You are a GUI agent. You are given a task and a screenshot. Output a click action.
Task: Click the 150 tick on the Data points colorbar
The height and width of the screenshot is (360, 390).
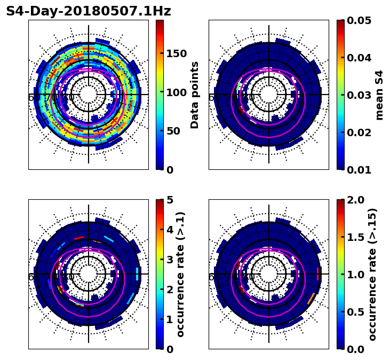pyautogui.click(x=176, y=53)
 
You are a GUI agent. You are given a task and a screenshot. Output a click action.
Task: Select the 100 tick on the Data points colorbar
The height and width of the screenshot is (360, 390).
pyautogui.click(x=176, y=92)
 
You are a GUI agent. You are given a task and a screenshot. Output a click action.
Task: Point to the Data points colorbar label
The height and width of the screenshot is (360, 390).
pyautogui.click(x=195, y=95)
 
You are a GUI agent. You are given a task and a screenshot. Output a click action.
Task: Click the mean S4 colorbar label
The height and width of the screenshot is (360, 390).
pyautogui.click(x=379, y=95)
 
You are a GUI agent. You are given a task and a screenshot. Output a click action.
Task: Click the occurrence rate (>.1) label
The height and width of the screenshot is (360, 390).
pyautogui.click(x=181, y=274)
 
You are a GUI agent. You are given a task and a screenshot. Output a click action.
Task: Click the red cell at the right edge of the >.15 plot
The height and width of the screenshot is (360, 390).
pyautogui.click(x=318, y=274)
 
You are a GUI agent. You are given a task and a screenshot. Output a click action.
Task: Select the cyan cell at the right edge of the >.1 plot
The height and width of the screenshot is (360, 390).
pyautogui.click(x=138, y=274)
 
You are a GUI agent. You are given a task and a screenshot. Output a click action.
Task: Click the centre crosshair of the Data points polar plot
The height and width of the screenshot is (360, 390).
pyautogui.click(x=89, y=95)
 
